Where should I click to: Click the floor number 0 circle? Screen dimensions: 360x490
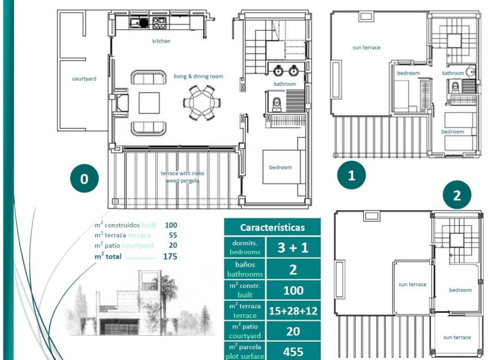pos(84,179)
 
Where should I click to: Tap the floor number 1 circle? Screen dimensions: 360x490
pos(352,176)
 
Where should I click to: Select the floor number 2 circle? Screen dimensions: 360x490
pos(457,195)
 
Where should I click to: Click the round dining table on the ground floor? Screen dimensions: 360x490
pos(199,103)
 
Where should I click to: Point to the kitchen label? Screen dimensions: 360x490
pos(161,41)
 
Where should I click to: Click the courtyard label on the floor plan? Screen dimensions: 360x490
pos(84,79)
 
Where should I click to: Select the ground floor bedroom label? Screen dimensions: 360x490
pos(280,168)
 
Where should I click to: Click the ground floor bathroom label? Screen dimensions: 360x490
pos(284,84)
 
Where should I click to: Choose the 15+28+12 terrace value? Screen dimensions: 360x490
pos(293,310)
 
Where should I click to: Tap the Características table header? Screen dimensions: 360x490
pos(272,227)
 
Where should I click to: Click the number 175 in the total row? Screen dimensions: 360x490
pos(170,256)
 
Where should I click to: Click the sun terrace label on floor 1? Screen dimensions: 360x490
pos(366,48)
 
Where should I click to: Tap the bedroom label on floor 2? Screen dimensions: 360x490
pos(460,290)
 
